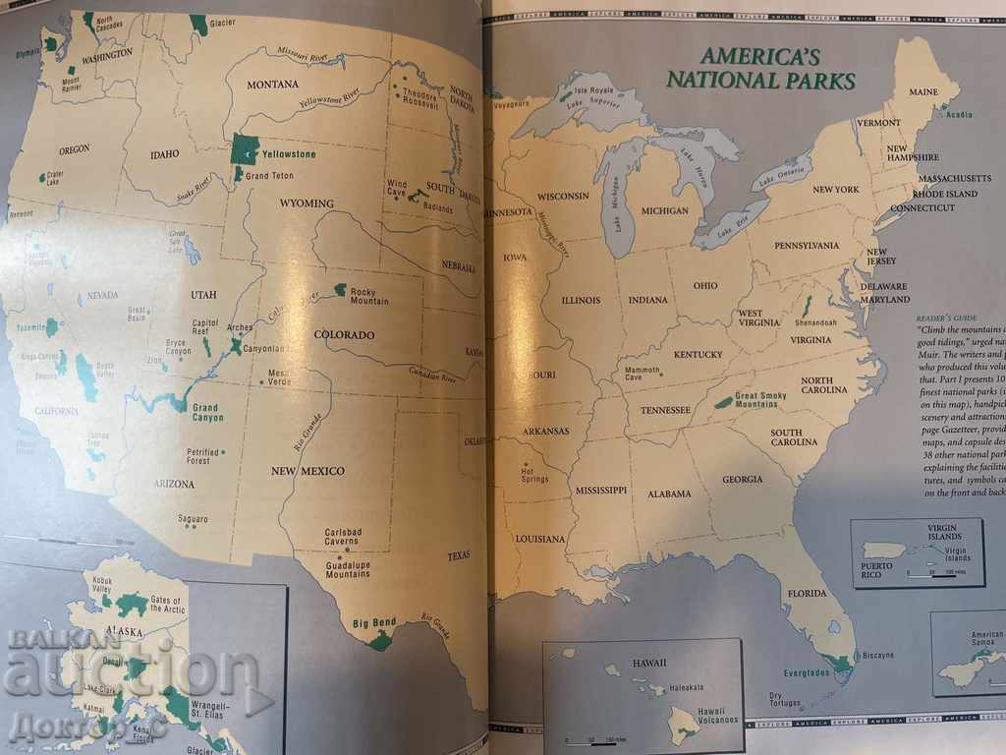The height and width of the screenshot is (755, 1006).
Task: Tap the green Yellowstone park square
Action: click(244, 149)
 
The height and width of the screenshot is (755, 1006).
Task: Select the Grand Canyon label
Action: click(207, 412)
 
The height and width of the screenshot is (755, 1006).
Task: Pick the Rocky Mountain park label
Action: click(369, 297)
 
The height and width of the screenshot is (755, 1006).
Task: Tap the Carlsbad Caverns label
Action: click(344, 536)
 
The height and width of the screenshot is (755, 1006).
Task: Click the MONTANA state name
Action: click(272, 85)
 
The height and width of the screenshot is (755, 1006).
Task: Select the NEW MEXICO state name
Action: click(308, 471)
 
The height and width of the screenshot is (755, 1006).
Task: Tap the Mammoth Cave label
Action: click(643, 375)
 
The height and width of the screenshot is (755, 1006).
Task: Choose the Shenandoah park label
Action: click(815, 322)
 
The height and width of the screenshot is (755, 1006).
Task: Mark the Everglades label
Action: click(808, 672)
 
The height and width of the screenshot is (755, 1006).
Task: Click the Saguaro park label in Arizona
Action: click(193, 518)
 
